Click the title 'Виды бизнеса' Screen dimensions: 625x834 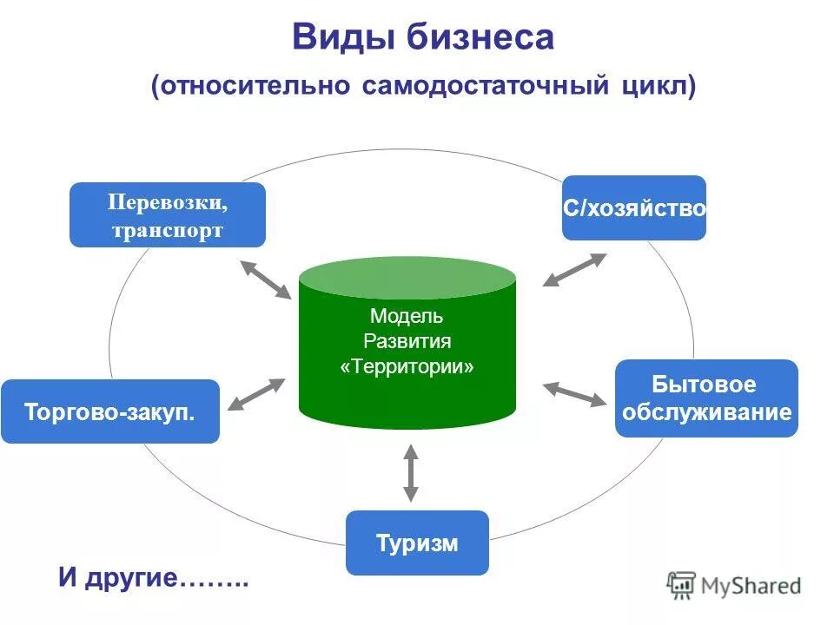tap(423, 38)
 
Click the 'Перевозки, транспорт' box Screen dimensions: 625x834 tap(168, 215)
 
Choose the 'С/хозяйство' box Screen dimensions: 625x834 tap(633, 208)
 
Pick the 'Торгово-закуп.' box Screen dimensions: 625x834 tap(110, 411)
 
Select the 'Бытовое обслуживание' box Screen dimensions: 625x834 tap(705, 398)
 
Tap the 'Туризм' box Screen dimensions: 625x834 tap(417, 543)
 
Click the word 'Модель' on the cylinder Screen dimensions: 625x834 tap(407, 316)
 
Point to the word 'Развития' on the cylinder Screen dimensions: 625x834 tap(407, 341)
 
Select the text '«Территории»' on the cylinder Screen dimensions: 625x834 tap(407, 366)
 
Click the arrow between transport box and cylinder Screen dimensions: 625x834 tap(266, 280)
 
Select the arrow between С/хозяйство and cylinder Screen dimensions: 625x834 tap(575, 269)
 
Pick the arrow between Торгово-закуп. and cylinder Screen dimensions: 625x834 tap(256, 394)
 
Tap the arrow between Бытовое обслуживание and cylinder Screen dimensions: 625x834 tap(575, 394)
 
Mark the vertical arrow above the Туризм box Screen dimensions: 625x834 tap(411, 472)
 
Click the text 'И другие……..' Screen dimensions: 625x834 tap(154, 578)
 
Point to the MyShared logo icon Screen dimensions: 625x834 tap(682, 586)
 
